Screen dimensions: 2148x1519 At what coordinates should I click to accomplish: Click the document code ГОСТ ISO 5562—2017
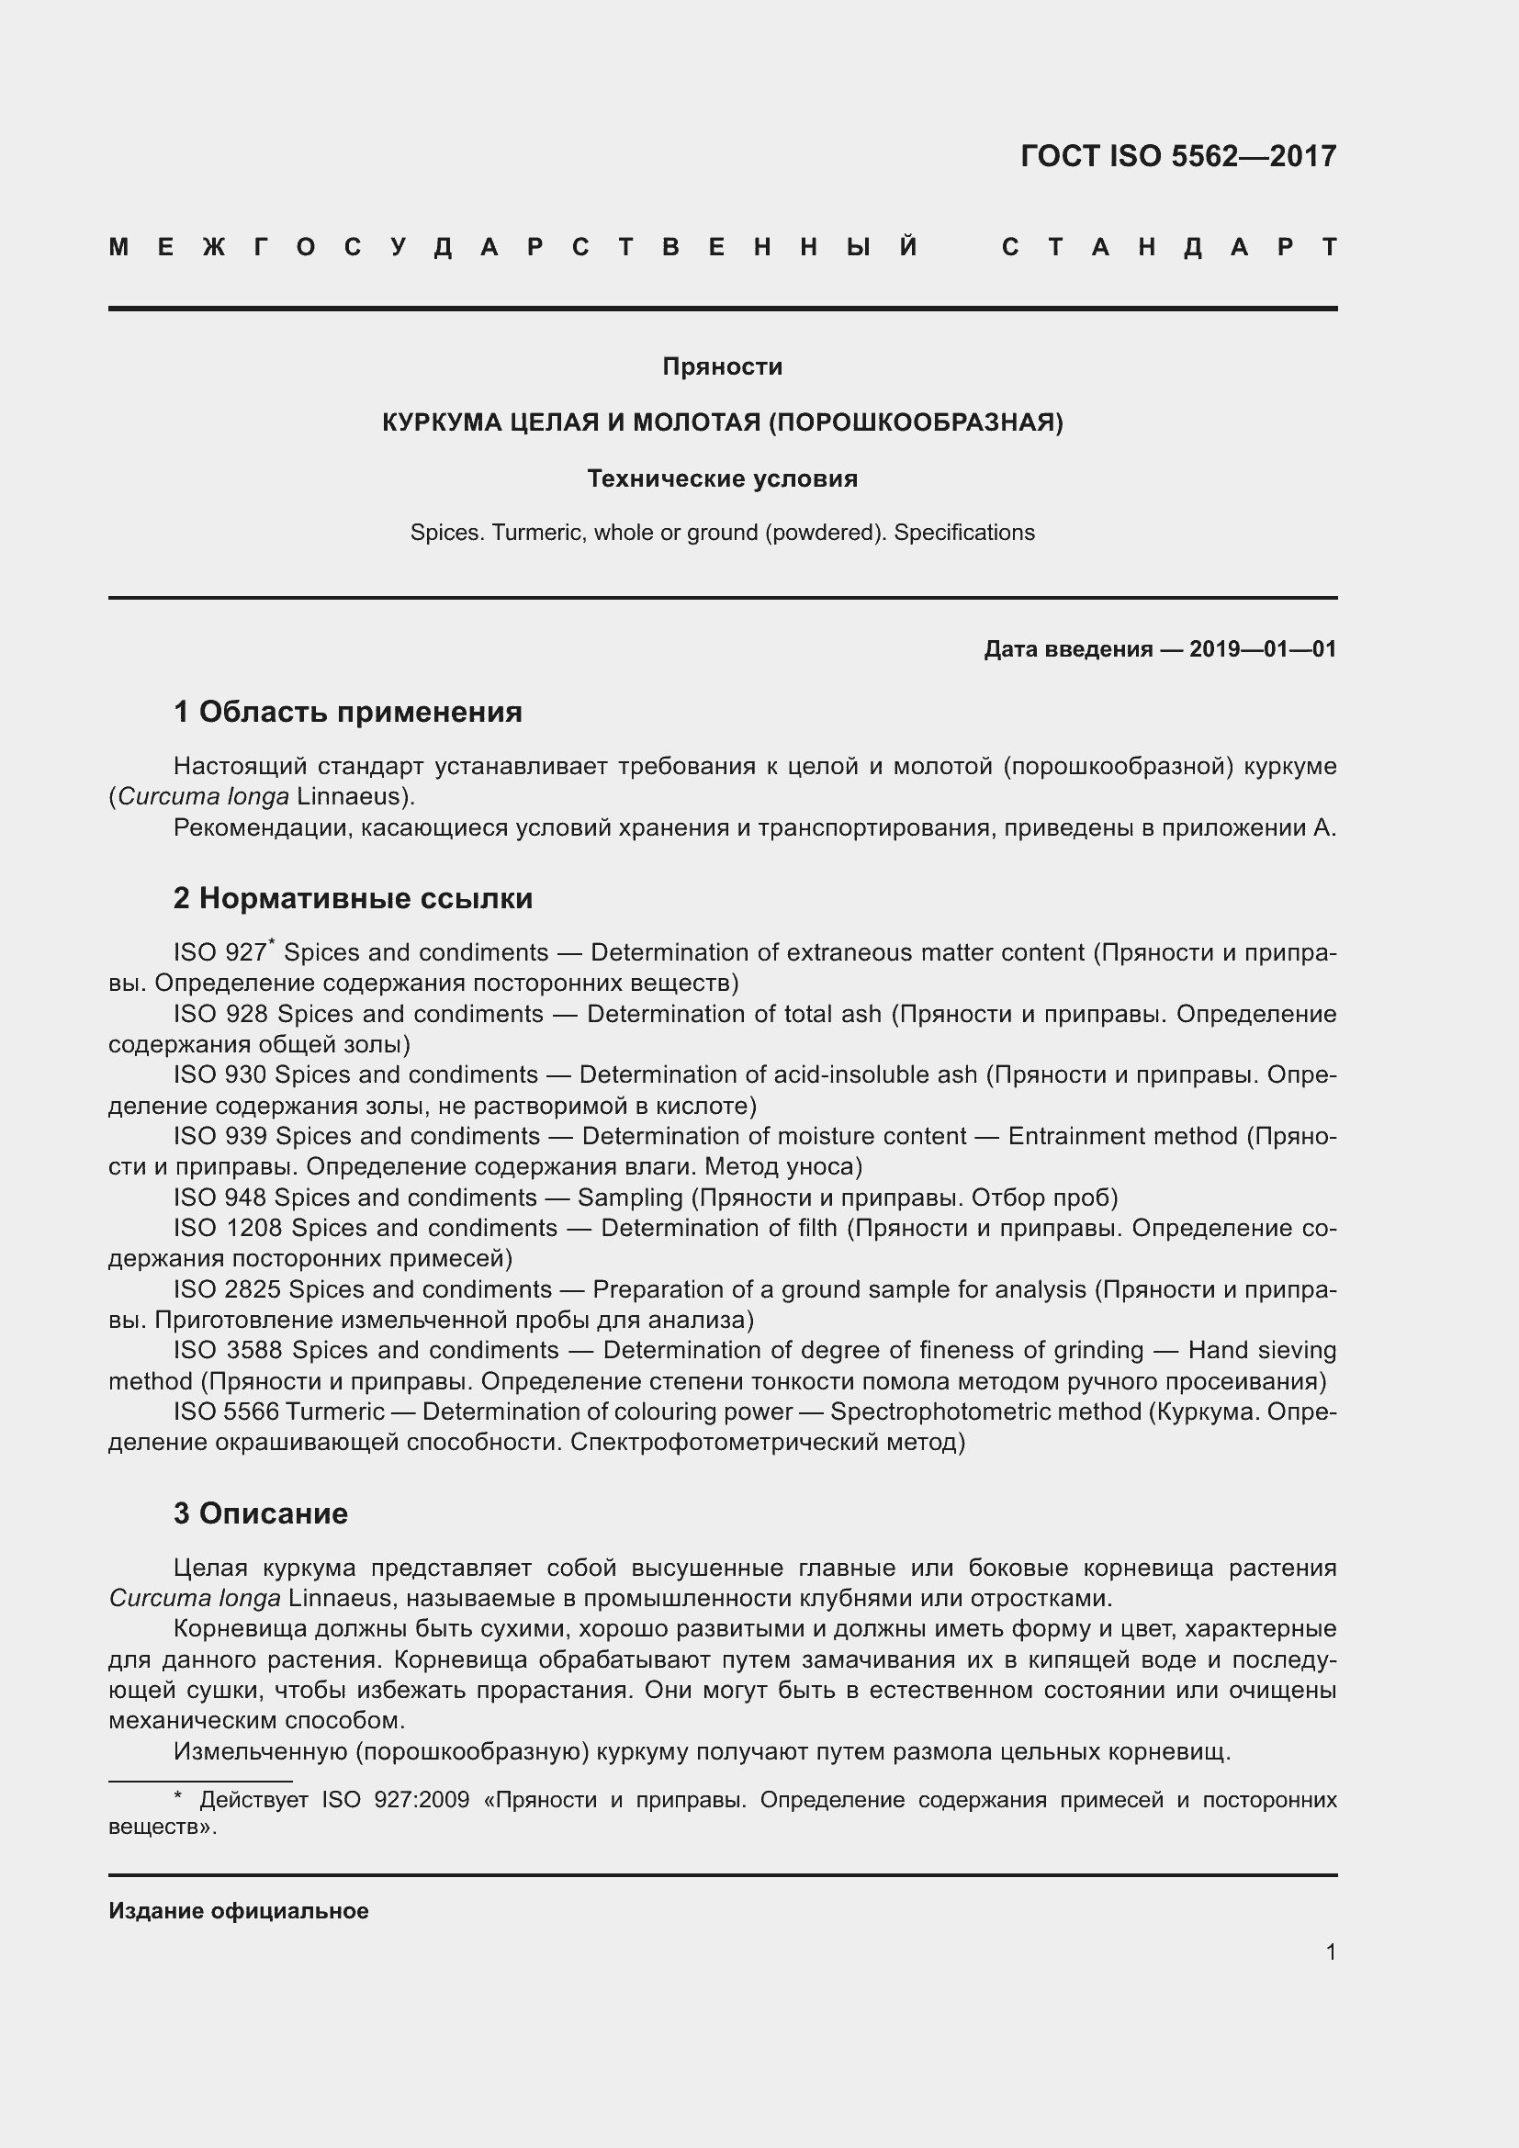pyautogui.click(x=1177, y=156)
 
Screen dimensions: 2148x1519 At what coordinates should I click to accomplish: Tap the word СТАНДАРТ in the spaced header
pyautogui.click(x=1169, y=248)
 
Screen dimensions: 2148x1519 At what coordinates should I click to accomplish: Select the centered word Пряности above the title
pyautogui.click(x=722, y=366)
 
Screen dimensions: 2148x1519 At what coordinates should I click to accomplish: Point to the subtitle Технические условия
pyautogui.click(x=722, y=479)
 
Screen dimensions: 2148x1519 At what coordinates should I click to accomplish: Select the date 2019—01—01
pyautogui.click(x=1262, y=649)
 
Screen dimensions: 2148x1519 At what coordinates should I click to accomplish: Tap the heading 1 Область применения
pyautogui.click(x=348, y=712)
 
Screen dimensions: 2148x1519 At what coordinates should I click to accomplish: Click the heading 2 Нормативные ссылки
pyautogui.click(x=353, y=898)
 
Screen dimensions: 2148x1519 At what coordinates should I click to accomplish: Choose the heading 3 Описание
pyautogui.click(x=260, y=1513)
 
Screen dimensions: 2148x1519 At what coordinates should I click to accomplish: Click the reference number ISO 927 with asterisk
pyautogui.click(x=222, y=952)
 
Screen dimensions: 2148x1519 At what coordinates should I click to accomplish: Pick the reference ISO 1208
pyautogui.click(x=229, y=1228)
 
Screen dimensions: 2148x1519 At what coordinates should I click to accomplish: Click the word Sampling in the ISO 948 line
pyautogui.click(x=630, y=1198)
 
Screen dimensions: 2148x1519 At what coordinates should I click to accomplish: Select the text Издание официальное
pyautogui.click(x=239, y=1910)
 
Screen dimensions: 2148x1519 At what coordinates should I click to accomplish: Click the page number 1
pyautogui.click(x=1331, y=1951)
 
